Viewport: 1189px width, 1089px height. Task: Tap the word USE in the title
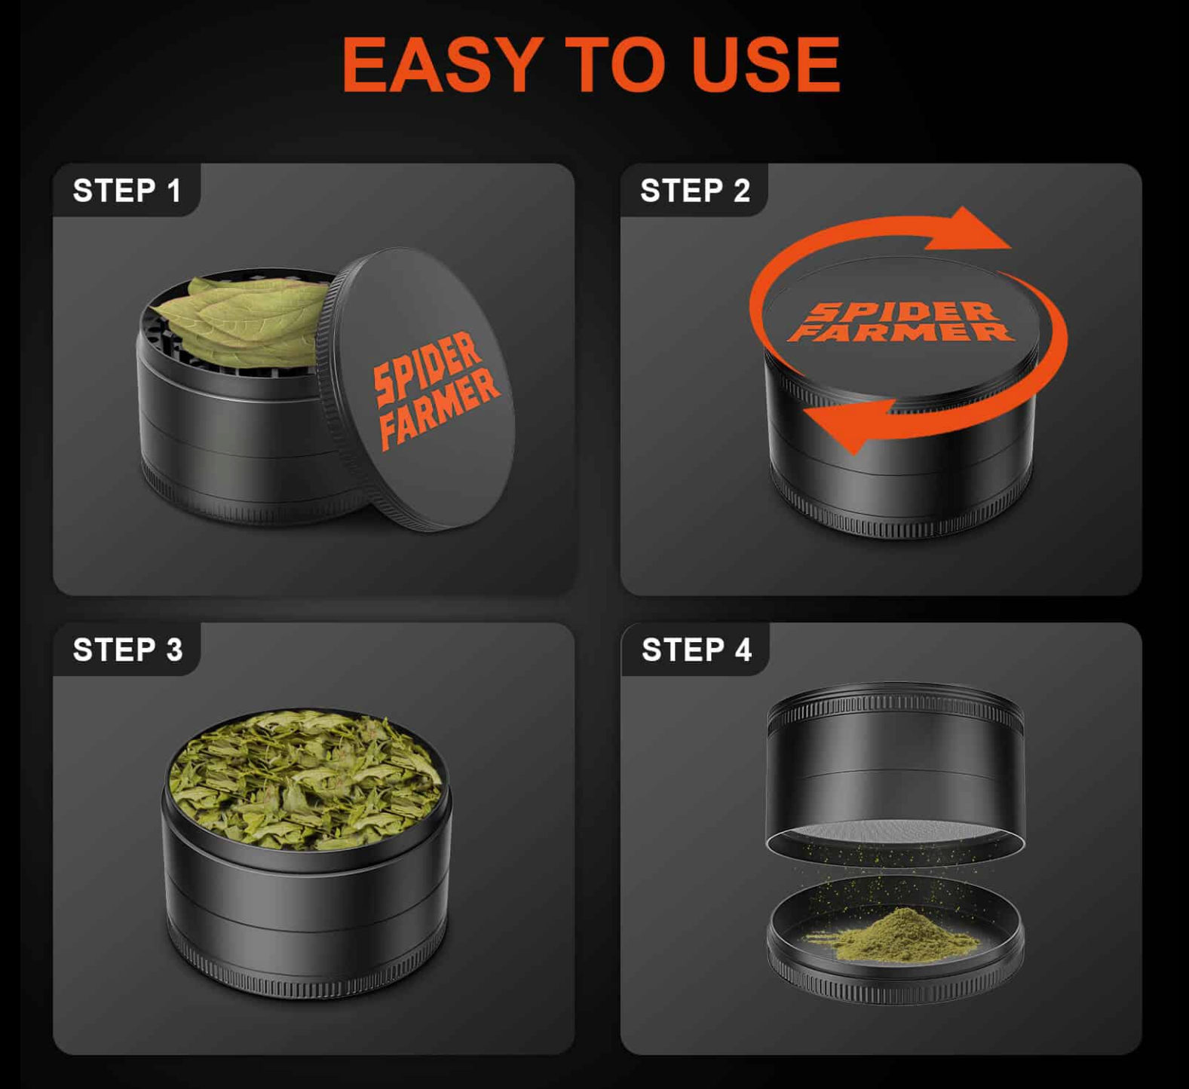tap(765, 65)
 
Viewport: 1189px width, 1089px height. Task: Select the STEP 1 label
tap(127, 191)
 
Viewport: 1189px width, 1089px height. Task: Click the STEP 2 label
tap(695, 191)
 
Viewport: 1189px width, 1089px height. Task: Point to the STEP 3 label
tap(127, 650)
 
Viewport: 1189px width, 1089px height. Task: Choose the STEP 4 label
tap(697, 650)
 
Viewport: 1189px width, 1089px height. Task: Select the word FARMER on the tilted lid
tap(439, 408)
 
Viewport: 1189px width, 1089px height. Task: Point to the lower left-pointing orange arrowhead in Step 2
tap(848, 426)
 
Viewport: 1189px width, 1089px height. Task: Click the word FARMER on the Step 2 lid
tap(901, 332)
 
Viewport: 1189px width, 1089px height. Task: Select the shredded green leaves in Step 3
tap(305, 780)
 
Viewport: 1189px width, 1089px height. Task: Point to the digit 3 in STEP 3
tap(175, 650)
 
